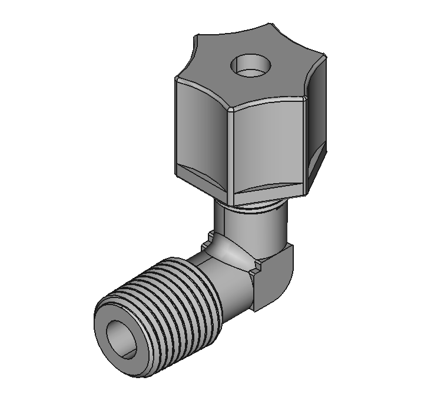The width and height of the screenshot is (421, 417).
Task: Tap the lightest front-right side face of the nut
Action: click(x=268, y=147)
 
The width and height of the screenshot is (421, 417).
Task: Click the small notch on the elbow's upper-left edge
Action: click(x=207, y=241)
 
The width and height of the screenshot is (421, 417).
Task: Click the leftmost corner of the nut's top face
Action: click(x=176, y=79)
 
